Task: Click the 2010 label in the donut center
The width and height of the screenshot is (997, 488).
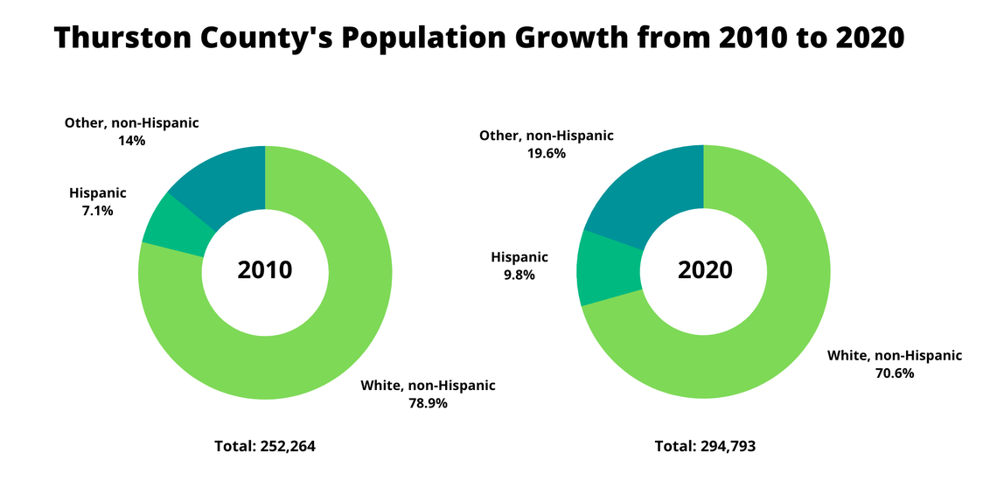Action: (x=265, y=270)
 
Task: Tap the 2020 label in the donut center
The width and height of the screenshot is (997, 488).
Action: (x=705, y=270)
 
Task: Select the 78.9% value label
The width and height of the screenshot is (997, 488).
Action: (x=428, y=403)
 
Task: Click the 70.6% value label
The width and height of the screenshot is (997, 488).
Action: (x=895, y=373)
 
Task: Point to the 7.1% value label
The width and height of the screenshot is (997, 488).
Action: (x=97, y=211)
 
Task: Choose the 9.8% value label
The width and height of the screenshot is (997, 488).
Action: (x=519, y=275)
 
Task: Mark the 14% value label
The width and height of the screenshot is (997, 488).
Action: (x=131, y=140)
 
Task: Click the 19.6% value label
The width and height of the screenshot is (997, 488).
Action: (x=546, y=153)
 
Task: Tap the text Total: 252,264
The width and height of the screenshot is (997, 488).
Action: (x=265, y=446)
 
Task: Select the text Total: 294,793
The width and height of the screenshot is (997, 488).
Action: (x=705, y=446)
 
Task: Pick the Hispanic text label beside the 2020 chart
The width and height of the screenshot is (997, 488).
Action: (x=519, y=257)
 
